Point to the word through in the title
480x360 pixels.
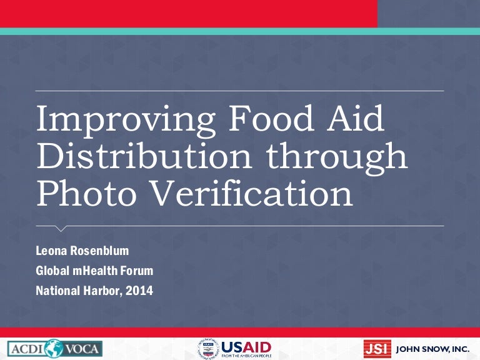(331, 157)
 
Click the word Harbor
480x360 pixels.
(102, 291)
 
